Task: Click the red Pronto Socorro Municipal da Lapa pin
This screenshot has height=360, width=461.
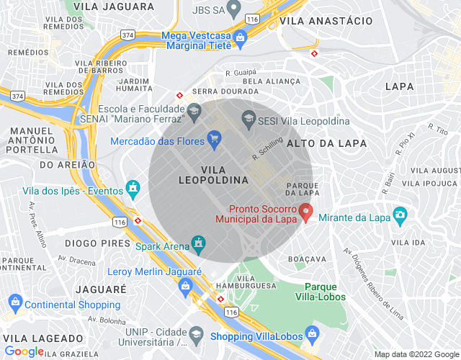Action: click(x=305, y=212)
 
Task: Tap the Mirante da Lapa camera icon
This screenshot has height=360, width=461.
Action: click(x=400, y=215)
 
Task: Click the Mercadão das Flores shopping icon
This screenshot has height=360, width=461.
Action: click(x=214, y=138)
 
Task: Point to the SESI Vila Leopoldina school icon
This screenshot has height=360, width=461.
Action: click(x=249, y=120)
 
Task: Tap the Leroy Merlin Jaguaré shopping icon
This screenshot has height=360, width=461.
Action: click(x=186, y=286)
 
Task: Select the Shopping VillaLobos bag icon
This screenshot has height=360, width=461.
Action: click(x=312, y=334)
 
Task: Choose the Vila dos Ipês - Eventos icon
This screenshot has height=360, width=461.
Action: click(x=133, y=189)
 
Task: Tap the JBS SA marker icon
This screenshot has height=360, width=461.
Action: click(x=233, y=9)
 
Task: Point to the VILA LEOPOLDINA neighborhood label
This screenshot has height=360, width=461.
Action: click(x=213, y=174)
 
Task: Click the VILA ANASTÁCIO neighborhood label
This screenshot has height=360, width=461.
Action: click(x=326, y=22)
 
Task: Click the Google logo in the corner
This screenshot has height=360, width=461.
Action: click(x=24, y=351)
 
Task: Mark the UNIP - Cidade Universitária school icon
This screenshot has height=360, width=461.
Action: click(x=194, y=333)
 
